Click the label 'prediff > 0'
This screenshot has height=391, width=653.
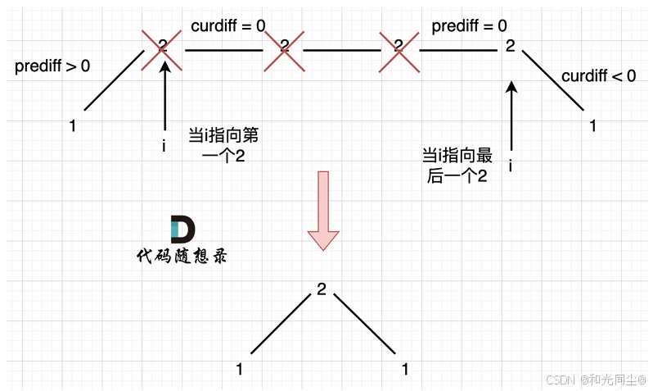coord(52,66)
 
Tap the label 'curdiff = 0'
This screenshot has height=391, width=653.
coord(227,25)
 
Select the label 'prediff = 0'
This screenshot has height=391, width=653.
coord(469,25)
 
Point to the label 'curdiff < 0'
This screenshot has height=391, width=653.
coord(598,76)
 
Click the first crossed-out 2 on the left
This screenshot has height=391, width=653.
coord(163,48)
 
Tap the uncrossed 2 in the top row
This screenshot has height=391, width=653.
coord(510,47)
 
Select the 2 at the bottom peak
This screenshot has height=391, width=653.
coord(321,290)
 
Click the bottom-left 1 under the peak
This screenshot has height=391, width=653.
coord(239,369)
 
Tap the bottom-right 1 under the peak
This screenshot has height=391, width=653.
coord(404,369)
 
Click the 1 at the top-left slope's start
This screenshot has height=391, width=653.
coord(73,126)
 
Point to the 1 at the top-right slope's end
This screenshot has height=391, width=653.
coord(593,126)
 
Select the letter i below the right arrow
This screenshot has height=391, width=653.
coord(511,166)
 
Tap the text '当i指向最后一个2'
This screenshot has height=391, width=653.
coord(457,166)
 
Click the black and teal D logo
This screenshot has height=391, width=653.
coord(182,230)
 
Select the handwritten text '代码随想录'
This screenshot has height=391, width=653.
coord(182,256)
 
